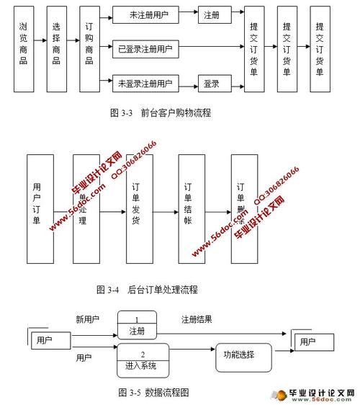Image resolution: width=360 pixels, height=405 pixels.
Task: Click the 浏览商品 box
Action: [24, 49]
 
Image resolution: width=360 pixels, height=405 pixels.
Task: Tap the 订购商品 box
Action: [89, 49]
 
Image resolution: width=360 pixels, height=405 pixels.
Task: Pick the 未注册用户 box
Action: [145, 14]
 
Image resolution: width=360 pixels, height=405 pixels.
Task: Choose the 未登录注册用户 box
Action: [145, 84]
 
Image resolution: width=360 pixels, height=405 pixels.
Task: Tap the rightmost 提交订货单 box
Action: [320, 49]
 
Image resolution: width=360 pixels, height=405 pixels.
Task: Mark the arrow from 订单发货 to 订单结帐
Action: [165, 213]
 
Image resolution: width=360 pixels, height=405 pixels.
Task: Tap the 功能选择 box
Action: [243, 355]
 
